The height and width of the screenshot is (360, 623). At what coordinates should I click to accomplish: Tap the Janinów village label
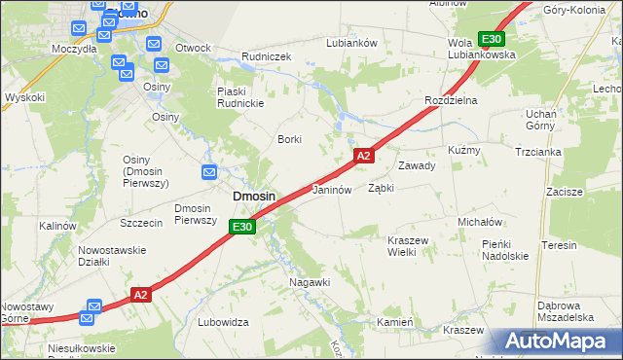pos(331,190)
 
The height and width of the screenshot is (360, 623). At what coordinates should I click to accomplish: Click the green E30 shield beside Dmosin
pos(242,227)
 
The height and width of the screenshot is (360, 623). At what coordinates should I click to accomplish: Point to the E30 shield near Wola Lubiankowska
pos(492,39)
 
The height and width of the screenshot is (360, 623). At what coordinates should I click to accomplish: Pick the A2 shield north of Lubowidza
pos(141,295)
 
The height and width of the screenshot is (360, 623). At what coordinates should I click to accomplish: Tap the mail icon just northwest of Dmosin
pos(209,173)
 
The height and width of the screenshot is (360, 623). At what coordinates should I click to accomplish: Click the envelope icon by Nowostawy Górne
pos(91,314)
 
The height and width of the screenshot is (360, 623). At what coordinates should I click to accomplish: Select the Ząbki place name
pos(381,189)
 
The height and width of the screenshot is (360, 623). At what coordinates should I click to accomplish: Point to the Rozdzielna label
pos(450,101)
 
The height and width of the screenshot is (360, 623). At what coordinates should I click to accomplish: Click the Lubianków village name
pos(351,43)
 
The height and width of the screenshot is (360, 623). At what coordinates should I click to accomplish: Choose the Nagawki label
pos(311,282)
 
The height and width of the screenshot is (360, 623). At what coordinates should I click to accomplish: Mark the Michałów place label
pos(479,222)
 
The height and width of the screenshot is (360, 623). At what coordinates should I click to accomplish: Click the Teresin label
pos(560,245)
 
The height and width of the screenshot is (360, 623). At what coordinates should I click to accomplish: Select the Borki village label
pos(290,139)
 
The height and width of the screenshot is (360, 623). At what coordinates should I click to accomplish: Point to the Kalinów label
pos(57,226)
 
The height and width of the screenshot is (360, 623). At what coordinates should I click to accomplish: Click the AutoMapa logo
pos(555,342)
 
